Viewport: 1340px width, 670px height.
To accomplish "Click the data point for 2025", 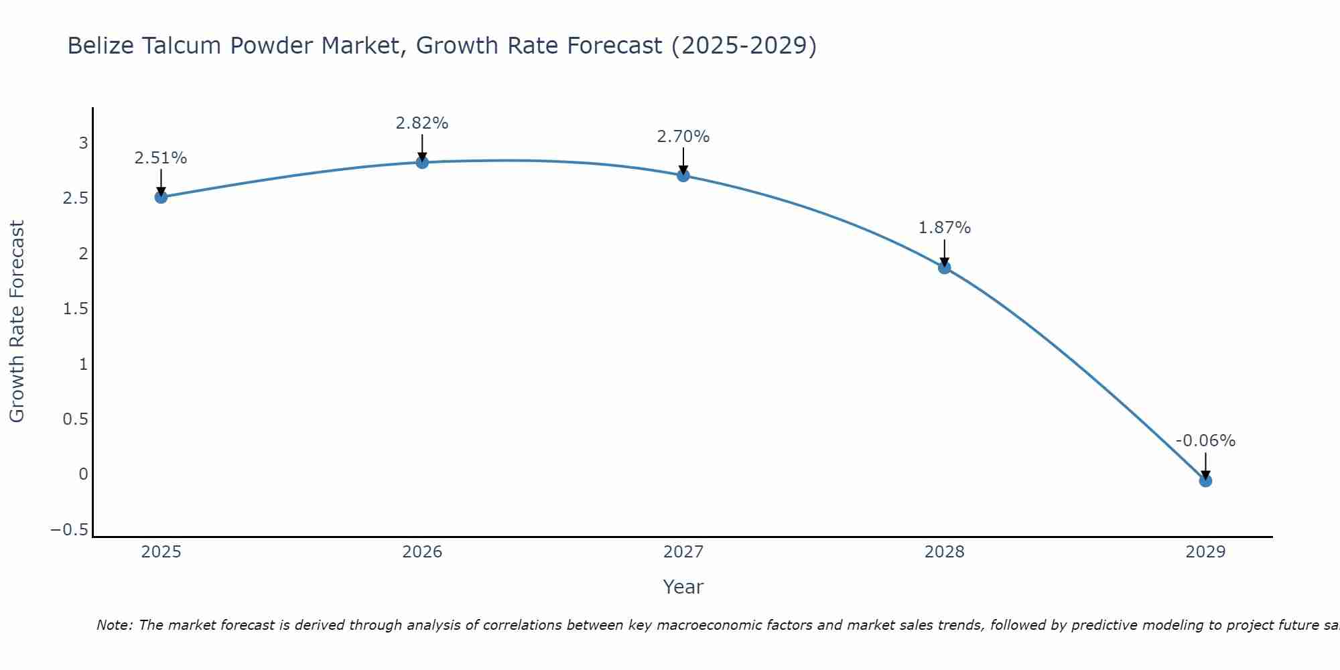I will [x=161, y=197].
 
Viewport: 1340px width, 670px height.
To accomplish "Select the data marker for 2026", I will [x=422, y=162].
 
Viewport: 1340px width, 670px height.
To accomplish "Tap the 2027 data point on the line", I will [x=683, y=176].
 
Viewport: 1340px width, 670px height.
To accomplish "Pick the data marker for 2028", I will [x=944, y=267].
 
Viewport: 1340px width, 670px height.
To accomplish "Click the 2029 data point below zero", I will [x=1205, y=480].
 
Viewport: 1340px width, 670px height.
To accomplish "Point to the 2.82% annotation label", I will [x=421, y=123].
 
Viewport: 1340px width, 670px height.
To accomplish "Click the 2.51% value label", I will [x=160, y=158].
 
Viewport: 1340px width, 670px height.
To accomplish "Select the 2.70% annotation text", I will [x=683, y=137].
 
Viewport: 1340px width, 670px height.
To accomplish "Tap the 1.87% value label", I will [x=944, y=228].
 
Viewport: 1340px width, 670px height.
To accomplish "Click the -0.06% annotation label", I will [x=1205, y=441].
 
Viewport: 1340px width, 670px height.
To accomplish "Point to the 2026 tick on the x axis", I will [x=422, y=552].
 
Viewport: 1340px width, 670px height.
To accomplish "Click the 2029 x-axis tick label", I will [x=1205, y=552].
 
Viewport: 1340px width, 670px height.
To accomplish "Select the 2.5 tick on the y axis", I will [x=75, y=198].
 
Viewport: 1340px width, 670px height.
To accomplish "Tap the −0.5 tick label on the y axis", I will [x=69, y=530].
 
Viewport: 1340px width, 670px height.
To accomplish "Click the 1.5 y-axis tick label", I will [x=75, y=309].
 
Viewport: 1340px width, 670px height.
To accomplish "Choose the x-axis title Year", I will [x=683, y=587].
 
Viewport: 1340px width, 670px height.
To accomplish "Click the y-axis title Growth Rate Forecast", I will [x=17, y=322].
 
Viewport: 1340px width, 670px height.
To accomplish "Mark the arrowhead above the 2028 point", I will [x=944, y=262].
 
